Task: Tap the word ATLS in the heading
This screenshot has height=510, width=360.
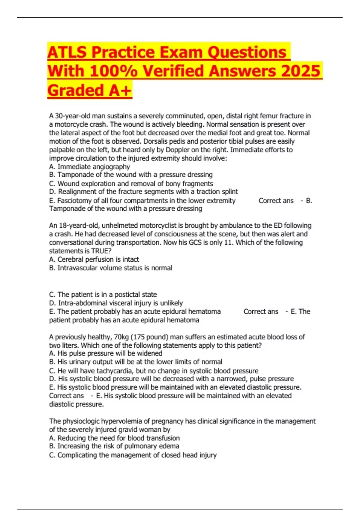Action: coord(67,52)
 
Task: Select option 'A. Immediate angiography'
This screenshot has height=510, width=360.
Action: coord(89,167)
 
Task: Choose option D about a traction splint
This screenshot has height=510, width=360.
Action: coord(143,192)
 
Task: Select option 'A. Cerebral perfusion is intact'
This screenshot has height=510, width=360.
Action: coord(94,259)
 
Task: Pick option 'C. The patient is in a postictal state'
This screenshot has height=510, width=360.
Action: coord(103,295)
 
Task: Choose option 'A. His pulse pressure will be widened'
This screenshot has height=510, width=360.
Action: coord(106,353)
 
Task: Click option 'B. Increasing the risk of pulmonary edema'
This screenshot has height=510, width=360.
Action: coord(114,446)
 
